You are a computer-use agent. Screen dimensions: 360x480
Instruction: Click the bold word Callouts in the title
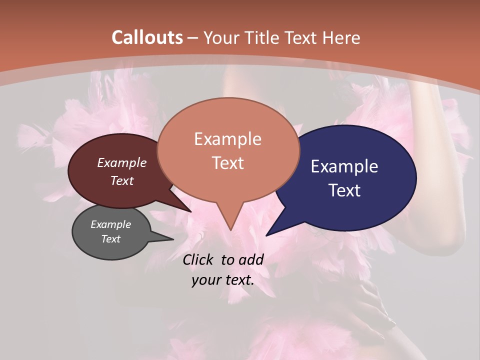pyautogui.click(x=147, y=37)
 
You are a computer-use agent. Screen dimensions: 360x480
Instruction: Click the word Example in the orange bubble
pyautogui.click(x=227, y=139)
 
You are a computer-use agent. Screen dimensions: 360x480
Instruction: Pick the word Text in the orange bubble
pyautogui.click(x=227, y=163)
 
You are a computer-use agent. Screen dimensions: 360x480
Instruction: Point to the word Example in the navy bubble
pyautogui.click(x=344, y=166)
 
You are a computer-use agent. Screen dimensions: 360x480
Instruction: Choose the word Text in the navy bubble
pyautogui.click(x=344, y=190)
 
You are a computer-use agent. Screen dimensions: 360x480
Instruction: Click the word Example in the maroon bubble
pyautogui.click(x=122, y=162)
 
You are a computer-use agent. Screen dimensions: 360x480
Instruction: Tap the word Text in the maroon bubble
pyautogui.click(x=122, y=180)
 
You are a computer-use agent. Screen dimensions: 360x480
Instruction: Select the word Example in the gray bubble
pyautogui.click(x=111, y=224)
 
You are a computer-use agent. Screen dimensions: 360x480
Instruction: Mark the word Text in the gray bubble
pyautogui.click(x=111, y=239)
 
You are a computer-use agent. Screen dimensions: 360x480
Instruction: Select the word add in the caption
pyautogui.click(x=251, y=259)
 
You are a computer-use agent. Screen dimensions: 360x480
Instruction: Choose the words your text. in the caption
pyautogui.click(x=223, y=280)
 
